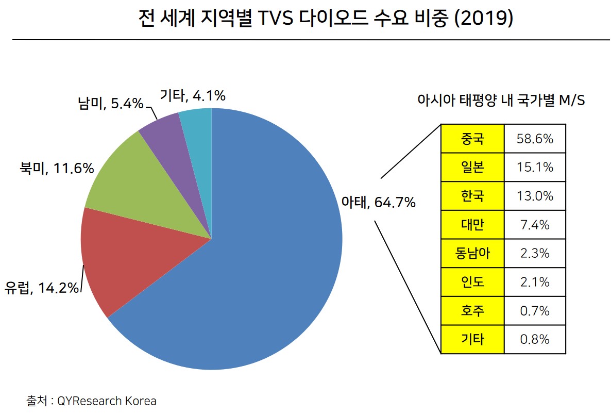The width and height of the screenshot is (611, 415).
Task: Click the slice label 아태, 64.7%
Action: (378, 203)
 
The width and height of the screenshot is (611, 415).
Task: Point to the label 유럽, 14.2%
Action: (42, 287)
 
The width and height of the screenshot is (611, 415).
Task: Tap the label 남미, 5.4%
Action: (110, 104)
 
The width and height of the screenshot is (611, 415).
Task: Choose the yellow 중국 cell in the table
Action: (472, 138)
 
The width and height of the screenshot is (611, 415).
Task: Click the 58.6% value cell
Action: (534, 138)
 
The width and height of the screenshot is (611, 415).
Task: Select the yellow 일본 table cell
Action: (472, 167)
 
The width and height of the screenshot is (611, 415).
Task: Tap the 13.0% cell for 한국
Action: (534, 196)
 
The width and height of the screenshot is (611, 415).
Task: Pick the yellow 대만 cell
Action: (472, 224)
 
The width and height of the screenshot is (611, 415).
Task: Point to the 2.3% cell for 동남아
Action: (534, 253)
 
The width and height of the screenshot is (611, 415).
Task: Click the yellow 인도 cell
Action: (472, 282)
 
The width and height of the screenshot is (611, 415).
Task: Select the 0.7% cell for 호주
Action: (534, 311)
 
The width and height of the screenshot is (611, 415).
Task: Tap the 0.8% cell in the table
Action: (534, 339)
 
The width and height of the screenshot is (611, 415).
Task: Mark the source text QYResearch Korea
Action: (107, 401)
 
